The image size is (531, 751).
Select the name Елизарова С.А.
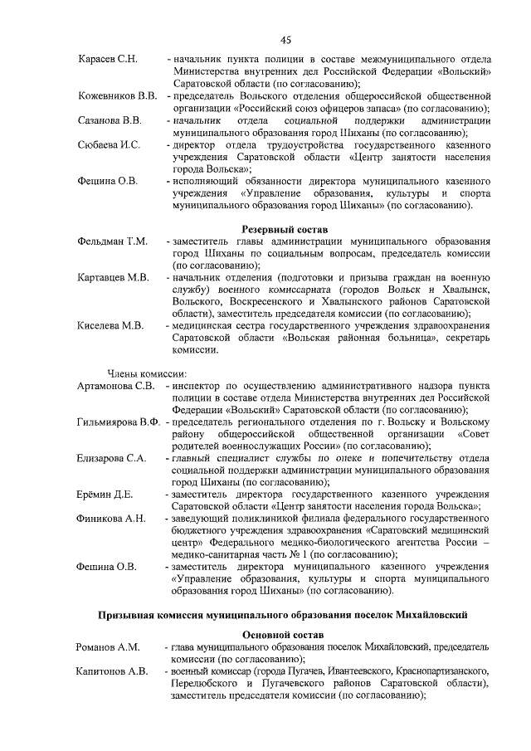[x=113, y=458]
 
